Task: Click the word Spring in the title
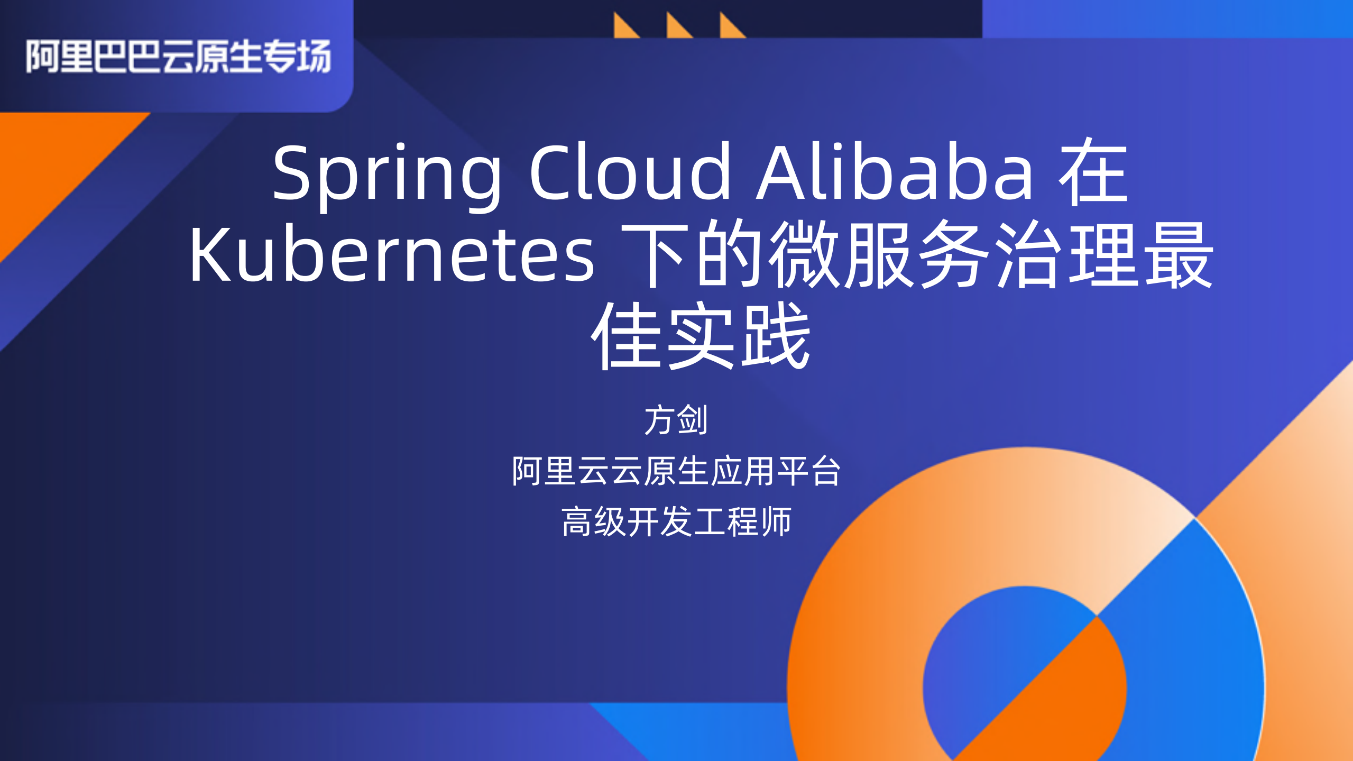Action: pos(386,175)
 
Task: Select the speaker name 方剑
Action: pos(676,420)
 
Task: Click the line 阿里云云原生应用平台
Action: pos(676,471)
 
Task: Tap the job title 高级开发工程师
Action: pos(676,521)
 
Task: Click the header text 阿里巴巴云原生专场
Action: pos(179,56)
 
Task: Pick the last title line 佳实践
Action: pos(701,335)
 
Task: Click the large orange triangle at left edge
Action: pos(48,169)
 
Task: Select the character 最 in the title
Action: pos(1179,255)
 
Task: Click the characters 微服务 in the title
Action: pos(878,255)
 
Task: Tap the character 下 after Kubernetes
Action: pos(656,255)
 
